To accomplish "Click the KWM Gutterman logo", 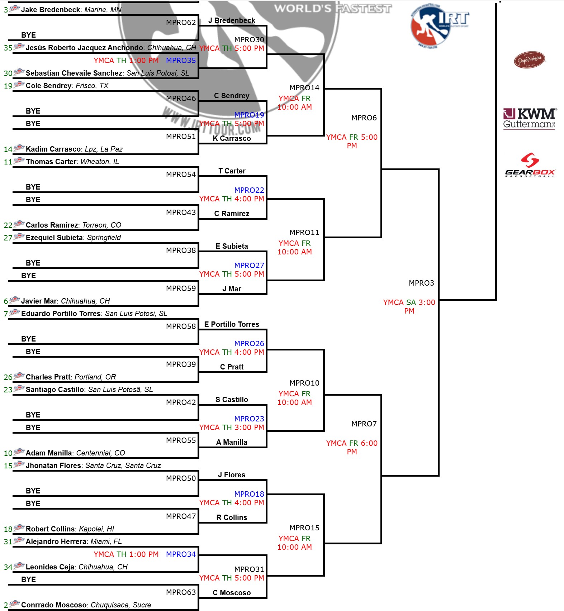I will coord(529,119).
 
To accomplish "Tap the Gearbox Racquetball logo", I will coord(530,165).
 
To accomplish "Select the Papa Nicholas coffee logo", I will coord(530,59).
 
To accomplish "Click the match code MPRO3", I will coord(421,283).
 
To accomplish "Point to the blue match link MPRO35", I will coord(181,61).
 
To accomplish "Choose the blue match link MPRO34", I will coord(181,554).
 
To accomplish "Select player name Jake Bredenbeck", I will coord(51,10).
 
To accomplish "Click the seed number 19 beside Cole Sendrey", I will coord(8,86).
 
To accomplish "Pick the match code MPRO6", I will coord(364,118).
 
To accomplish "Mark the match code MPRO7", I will coord(364,424).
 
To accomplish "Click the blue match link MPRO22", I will coord(249,190).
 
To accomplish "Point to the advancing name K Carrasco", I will coord(232,138).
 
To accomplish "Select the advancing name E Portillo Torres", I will coord(232,324).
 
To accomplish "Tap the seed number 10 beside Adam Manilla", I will coord(8,453).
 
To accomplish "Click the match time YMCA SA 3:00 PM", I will coord(409,307).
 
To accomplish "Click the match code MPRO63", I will coord(181,592).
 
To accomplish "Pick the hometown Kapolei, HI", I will coord(96,529).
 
